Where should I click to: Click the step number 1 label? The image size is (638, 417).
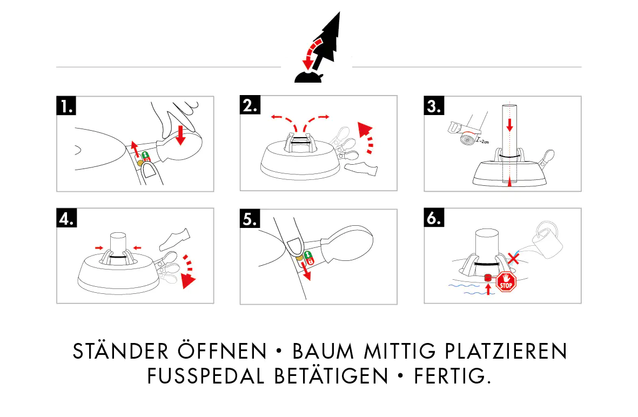(x=66, y=106)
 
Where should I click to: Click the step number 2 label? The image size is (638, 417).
(x=250, y=106)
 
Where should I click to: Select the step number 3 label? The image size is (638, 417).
(x=434, y=106)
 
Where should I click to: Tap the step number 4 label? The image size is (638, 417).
(x=66, y=218)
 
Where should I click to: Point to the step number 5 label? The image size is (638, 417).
(x=250, y=218)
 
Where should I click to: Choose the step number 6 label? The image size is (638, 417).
(x=434, y=218)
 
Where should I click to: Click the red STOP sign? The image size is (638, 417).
(x=506, y=283)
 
